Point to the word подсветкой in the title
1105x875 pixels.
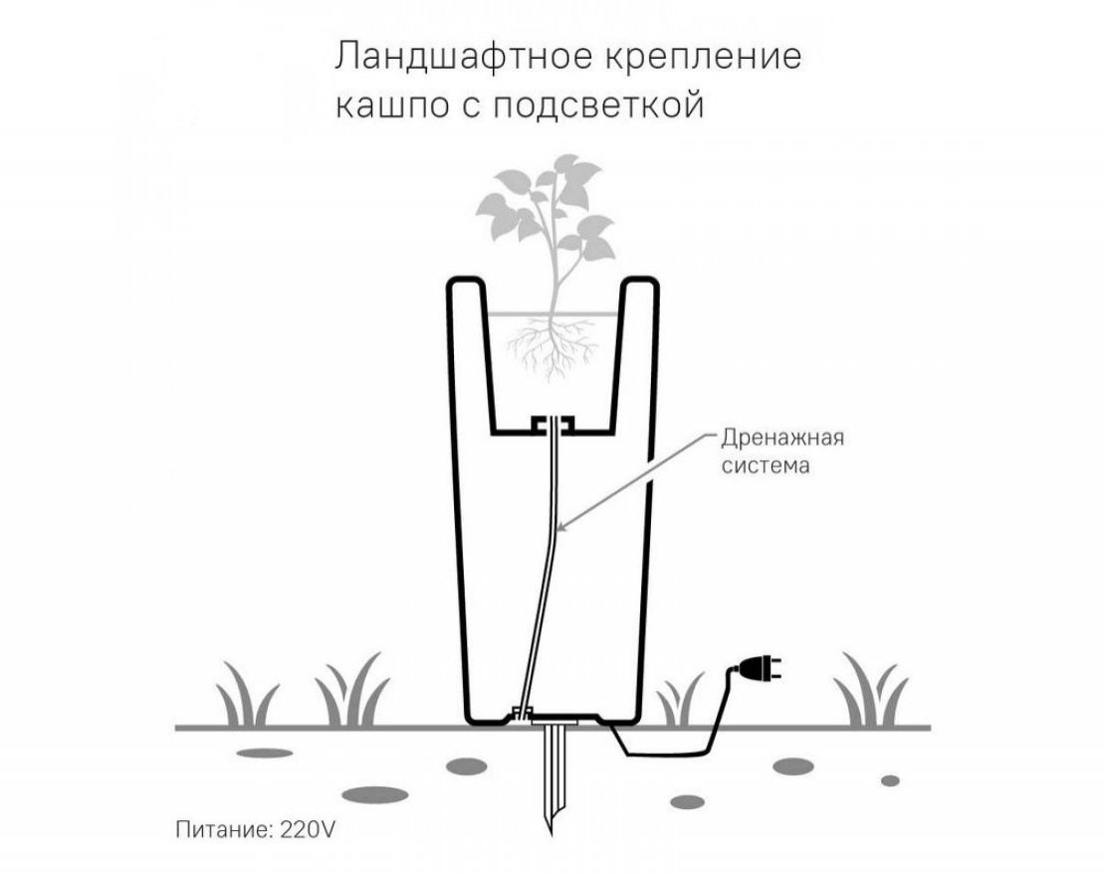598,106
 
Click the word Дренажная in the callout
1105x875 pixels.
782,438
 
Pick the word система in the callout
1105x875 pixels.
766,466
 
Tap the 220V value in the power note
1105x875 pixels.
308,829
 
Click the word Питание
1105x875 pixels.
223,829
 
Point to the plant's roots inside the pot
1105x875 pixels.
553,346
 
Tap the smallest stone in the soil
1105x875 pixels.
891,780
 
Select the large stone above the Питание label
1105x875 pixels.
375,794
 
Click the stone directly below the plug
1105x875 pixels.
793,766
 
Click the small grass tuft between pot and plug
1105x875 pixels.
680,700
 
